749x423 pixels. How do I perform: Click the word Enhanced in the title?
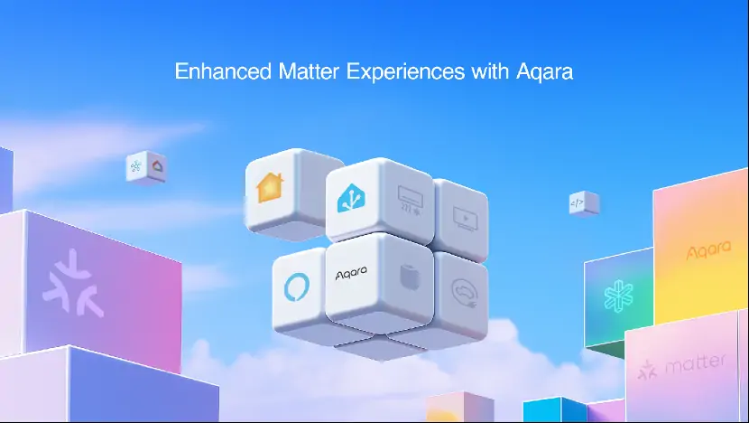click(223, 71)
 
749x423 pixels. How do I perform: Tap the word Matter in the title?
click(309, 71)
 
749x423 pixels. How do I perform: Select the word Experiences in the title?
click(405, 72)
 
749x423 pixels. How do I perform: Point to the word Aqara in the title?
click(544, 72)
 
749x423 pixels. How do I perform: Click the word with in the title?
click(490, 71)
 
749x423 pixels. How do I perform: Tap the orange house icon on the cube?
click(271, 187)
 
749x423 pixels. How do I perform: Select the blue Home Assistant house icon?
click(352, 198)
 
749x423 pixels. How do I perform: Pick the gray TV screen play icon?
click(465, 219)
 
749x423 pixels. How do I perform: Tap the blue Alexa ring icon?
click(297, 287)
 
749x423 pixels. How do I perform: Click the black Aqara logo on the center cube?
click(351, 273)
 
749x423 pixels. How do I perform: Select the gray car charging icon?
click(465, 293)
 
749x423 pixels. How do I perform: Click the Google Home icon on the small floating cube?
click(157, 166)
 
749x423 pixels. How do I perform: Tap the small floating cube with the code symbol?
click(583, 203)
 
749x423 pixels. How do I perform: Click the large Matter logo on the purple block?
click(73, 282)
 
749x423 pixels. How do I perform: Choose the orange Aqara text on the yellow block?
click(709, 249)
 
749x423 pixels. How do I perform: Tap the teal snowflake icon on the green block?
click(618, 296)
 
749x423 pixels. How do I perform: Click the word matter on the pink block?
click(696, 363)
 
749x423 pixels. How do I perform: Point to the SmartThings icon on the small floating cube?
click(136, 166)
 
